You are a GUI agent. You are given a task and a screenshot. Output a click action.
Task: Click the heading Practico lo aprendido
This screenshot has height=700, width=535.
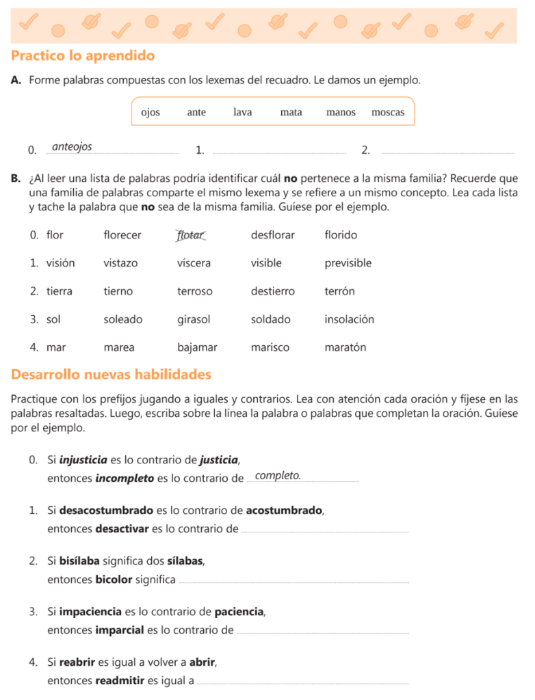tap(83, 56)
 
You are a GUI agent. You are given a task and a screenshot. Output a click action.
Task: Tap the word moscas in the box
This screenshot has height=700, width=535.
tap(388, 112)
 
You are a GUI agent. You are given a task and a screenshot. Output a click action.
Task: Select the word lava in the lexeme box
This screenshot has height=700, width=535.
tap(242, 112)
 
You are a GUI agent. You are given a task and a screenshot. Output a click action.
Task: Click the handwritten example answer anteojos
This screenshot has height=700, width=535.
tap(72, 147)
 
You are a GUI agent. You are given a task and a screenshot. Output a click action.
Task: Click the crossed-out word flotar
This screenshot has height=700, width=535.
tap(190, 235)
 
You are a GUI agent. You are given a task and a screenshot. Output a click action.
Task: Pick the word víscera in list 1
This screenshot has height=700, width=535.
tap(194, 263)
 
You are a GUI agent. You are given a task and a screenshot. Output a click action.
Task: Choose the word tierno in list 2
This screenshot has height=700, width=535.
tap(118, 291)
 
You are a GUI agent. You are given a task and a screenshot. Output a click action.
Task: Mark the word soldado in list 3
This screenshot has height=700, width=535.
tap(270, 319)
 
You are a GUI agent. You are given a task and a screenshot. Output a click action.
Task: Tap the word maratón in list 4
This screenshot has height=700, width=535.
tap(345, 347)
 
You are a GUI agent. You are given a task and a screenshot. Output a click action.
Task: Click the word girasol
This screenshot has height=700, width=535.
tap(194, 319)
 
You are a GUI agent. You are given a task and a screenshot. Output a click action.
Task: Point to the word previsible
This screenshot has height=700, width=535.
tap(348, 263)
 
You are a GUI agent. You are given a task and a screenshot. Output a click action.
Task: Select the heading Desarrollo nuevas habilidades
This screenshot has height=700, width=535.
tap(112, 375)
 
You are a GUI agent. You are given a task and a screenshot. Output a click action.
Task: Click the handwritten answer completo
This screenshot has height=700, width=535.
tap(277, 476)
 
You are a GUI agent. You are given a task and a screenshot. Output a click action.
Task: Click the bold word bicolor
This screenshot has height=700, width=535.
tap(114, 580)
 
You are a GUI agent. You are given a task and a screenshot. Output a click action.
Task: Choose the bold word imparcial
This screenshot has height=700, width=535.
tap(120, 630)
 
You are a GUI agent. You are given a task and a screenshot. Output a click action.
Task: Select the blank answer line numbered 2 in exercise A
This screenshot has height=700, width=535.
tap(448, 152)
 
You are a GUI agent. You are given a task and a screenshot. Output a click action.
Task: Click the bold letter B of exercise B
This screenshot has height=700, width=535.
tap(15, 178)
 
